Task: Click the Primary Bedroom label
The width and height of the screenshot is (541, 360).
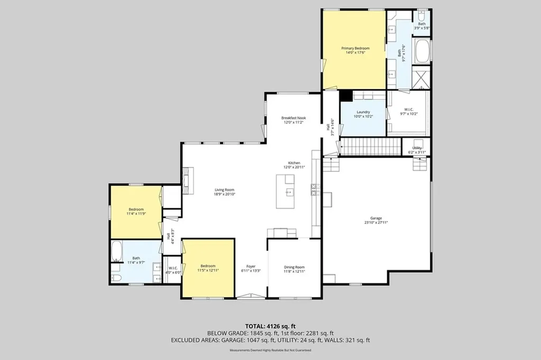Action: (355, 48)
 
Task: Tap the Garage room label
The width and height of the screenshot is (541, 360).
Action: (376, 218)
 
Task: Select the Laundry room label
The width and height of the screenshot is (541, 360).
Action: (363, 112)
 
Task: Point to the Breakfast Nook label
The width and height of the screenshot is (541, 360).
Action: (293, 118)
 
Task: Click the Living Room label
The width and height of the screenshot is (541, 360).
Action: (224, 190)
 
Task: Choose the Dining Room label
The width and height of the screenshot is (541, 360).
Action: (294, 267)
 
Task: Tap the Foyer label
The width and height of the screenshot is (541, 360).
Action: (251, 266)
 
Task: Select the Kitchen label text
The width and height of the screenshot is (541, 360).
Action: (294, 163)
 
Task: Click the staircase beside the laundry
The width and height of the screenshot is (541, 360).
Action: (369, 146)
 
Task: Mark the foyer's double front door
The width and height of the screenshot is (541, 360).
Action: (251, 297)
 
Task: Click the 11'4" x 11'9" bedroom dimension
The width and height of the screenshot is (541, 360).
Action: (135, 214)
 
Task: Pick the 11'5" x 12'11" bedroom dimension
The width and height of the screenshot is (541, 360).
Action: (208, 270)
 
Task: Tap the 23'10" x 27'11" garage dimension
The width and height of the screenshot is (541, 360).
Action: (376, 223)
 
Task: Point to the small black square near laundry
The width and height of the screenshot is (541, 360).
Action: (346, 95)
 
